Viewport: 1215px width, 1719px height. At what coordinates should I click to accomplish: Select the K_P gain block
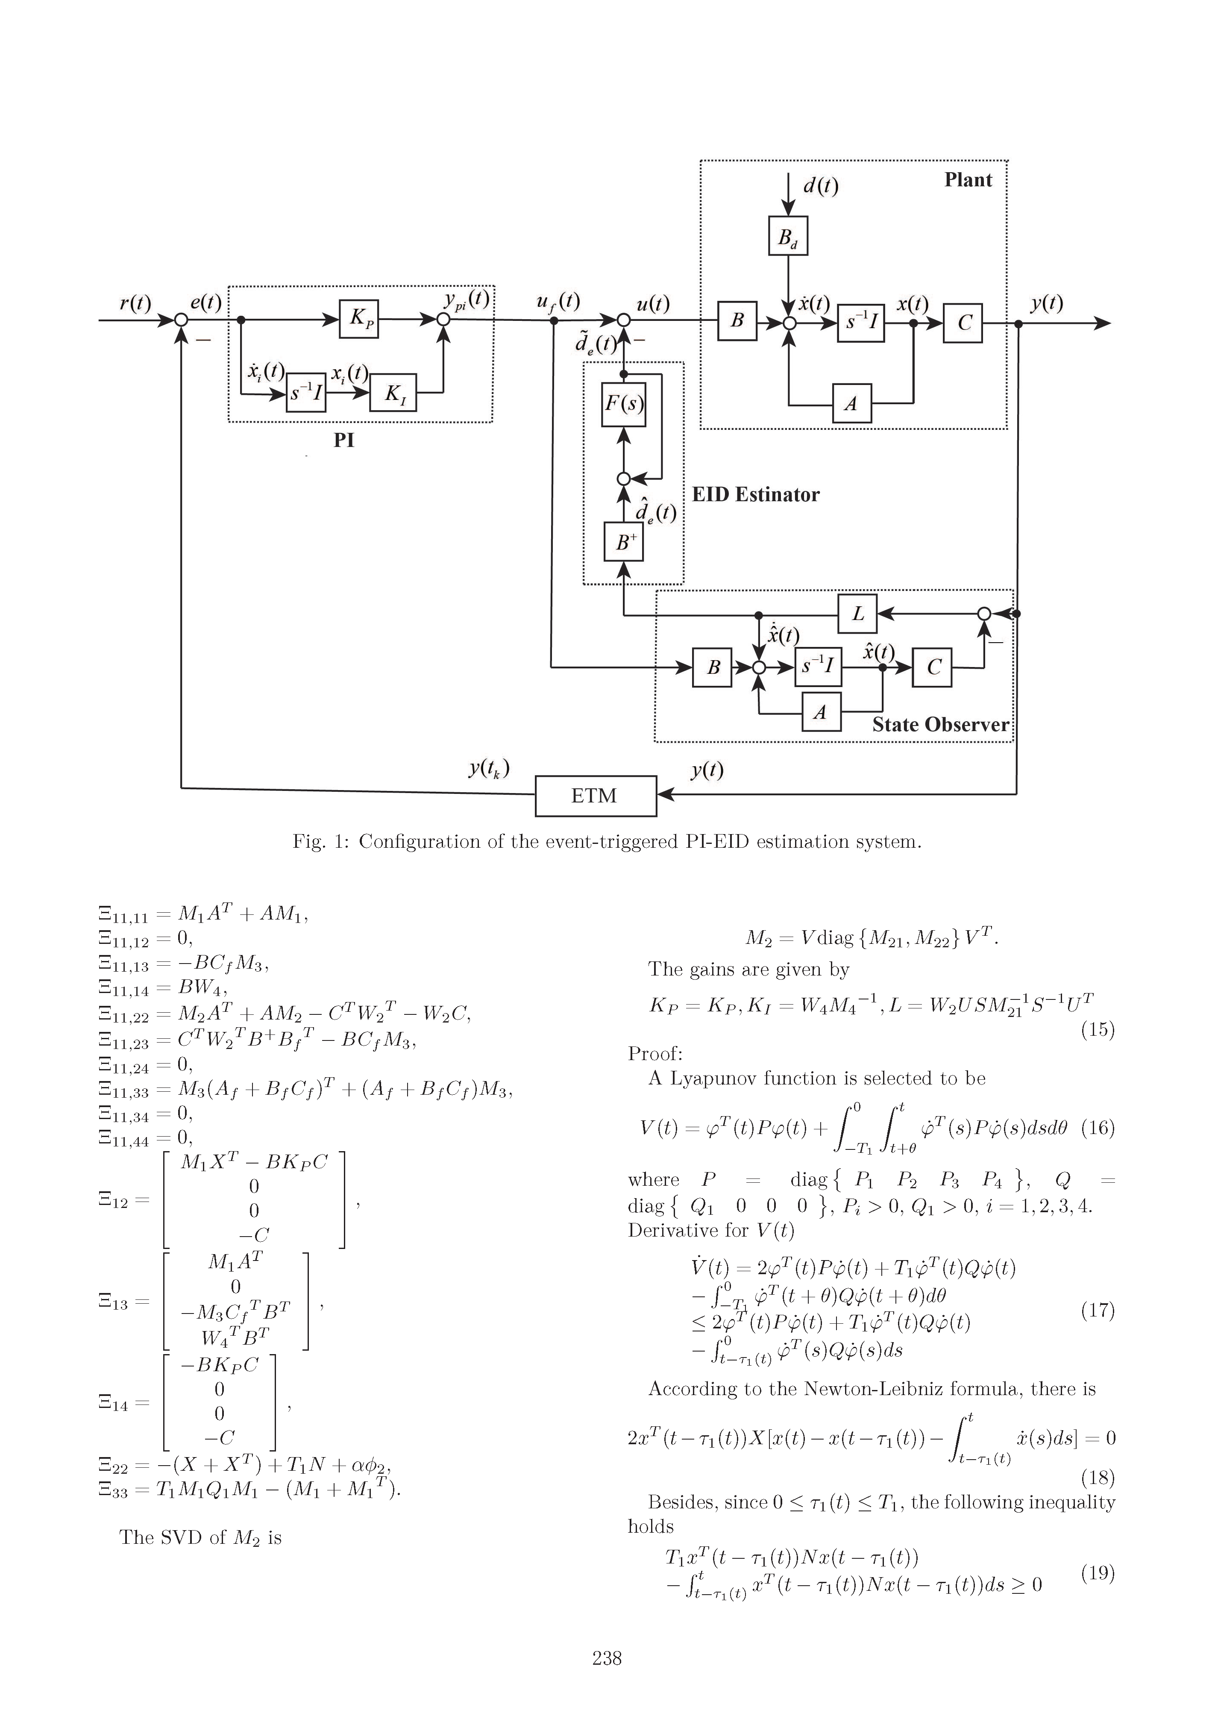tap(358, 319)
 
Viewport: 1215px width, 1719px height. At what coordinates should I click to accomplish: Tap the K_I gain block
tap(393, 392)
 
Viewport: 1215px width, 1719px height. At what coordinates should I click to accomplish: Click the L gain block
tap(857, 614)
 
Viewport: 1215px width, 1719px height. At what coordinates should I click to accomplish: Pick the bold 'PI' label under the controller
tap(343, 440)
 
